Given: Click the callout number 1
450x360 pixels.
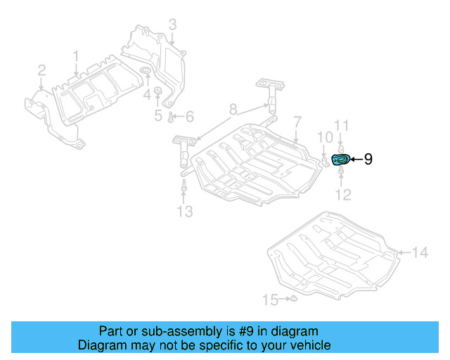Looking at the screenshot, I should (77, 55).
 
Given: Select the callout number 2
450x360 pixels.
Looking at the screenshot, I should (41, 70).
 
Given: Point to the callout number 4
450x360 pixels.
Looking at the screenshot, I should (148, 94).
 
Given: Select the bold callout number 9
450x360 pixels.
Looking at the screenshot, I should (368, 160).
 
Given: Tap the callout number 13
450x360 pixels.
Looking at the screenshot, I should (184, 212).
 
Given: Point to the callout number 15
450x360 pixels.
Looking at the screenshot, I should (270, 300).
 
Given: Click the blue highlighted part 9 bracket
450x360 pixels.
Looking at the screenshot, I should (340, 160).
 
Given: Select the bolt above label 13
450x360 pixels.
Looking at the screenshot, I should (184, 186).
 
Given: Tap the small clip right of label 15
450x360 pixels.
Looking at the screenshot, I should (295, 300).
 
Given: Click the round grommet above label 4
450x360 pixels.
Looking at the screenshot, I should (147, 75).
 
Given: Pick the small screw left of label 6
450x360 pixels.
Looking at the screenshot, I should (171, 116).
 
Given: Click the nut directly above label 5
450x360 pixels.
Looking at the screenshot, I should (157, 91).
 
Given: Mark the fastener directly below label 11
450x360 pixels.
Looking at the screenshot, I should (340, 146).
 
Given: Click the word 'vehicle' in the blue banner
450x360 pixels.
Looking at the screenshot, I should (307, 345).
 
